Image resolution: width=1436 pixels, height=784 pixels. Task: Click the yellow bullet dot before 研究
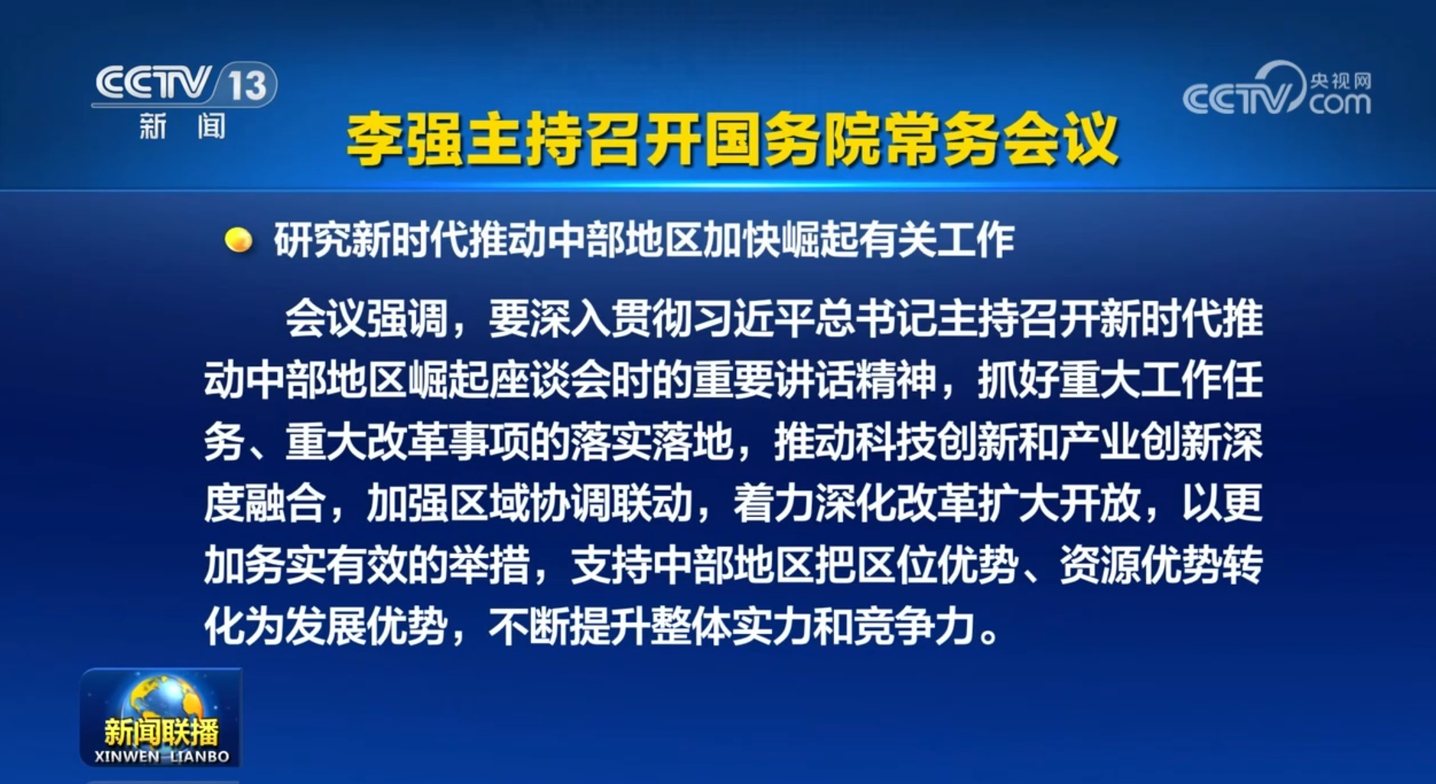(x=239, y=240)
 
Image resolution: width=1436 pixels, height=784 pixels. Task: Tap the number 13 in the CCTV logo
(x=246, y=85)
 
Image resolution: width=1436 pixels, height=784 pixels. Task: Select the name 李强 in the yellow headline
(x=405, y=140)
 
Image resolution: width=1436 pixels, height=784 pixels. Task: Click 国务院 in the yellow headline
(x=793, y=140)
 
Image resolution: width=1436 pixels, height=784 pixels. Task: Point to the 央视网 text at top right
(x=1340, y=80)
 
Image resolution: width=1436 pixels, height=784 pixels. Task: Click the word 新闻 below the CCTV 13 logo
(x=182, y=126)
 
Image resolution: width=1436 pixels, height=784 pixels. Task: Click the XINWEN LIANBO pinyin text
(x=161, y=756)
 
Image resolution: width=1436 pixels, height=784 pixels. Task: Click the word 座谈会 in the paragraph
(x=549, y=381)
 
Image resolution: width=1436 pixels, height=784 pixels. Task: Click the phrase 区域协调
(x=529, y=504)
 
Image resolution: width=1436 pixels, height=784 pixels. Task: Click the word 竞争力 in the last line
(x=915, y=627)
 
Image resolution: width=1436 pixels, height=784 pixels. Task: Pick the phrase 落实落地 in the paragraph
(x=651, y=443)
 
